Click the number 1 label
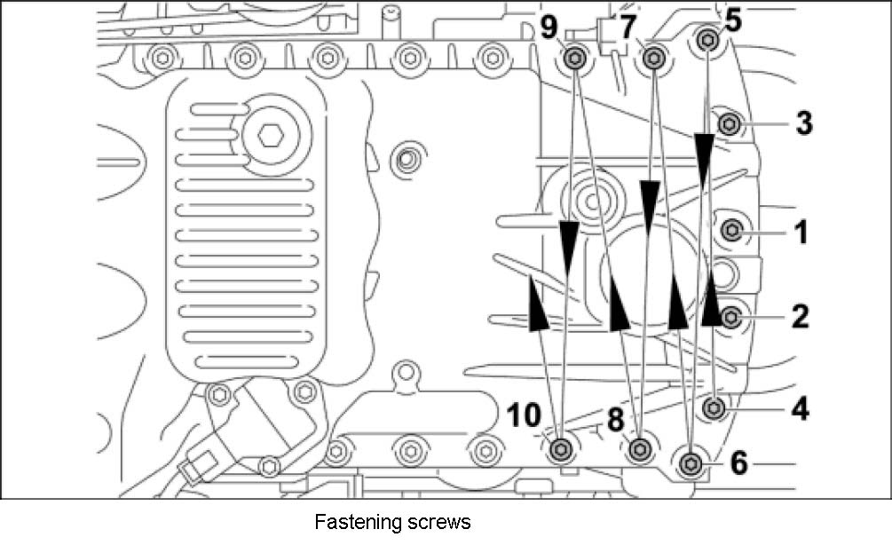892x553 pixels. [801, 233]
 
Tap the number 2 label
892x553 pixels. [801, 316]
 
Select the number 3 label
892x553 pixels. [803, 123]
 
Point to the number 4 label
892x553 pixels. [801, 409]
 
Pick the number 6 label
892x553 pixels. [739, 462]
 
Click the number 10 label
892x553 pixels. [523, 415]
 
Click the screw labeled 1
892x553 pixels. [732, 232]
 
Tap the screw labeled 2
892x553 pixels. [732, 316]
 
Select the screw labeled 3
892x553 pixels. [729, 123]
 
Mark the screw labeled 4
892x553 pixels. [715, 408]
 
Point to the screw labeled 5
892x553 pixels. [707, 39]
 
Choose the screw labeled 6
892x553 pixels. [692, 462]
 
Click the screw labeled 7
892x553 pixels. [653, 59]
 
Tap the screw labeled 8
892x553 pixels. [638, 450]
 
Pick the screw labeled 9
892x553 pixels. [574, 59]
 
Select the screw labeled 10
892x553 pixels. [561, 450]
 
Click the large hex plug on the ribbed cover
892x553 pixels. [270, 136]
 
